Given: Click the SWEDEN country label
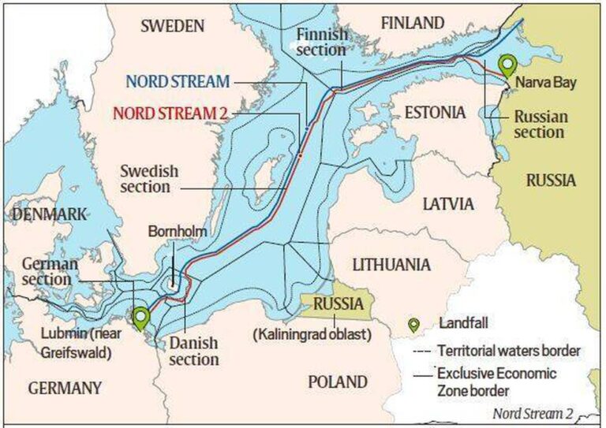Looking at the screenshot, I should [x=173, y=26].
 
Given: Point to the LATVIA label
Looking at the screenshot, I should [x=448, y=204].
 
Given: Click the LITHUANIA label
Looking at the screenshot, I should [x=391, y=264].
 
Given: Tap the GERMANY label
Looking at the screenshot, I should [x=65, y=388].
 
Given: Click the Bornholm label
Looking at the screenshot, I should [x=174, y=232].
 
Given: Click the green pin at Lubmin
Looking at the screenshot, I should [x=141, y=318].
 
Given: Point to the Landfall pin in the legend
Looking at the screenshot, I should [x=413, y=325].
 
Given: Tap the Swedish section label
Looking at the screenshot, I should [x=149, y=178].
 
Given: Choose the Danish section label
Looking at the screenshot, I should [x=193, y=351].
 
